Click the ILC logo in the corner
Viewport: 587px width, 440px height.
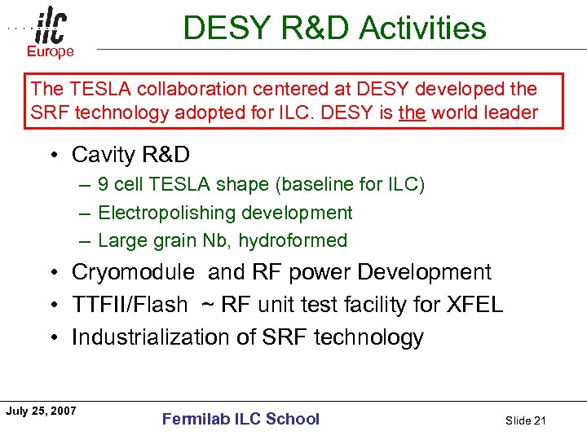click(51, 27)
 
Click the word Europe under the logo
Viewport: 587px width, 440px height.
click(51, 51)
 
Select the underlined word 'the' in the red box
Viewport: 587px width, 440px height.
click(411, 112)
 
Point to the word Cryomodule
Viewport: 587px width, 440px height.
click(133, 272)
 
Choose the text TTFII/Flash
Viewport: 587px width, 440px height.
click(130, 305)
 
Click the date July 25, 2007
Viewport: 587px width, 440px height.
click(41, 411)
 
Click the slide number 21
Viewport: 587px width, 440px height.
click(539, 420)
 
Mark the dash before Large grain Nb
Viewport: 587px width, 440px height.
click(85, 240)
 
